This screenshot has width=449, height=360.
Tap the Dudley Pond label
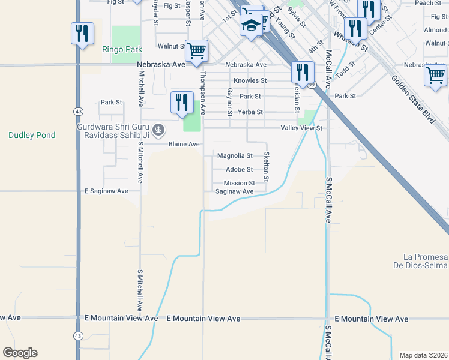pyautogui.click(x=32, y=136)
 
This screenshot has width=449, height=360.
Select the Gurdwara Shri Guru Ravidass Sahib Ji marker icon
pyautogui.click(x=158, y=128)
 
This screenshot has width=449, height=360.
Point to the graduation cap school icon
pyautogui.click(x=251, y=25)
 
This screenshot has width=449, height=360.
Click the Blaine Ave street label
pyautogui.click(x=184, y=145)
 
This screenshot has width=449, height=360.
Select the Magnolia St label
pyautogui.click(x=235, y=155)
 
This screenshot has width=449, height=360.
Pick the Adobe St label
pyautogui.click(x=239, y=169)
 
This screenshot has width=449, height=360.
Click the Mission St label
pyautogui.click(x=239, y=183)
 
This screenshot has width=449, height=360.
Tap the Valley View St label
pyautogui.click(x=302, y=128)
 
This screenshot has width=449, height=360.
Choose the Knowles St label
pyautogui.click(x=250, y=80)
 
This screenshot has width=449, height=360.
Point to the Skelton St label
pyautogui.click(x=266, y=167)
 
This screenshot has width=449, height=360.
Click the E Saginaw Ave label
pyautogui.click(x=106, y=191)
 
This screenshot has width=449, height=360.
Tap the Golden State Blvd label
pyautogui.click(x=412, y=99)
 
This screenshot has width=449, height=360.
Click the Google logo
pyautogui.click(x=20, y=353)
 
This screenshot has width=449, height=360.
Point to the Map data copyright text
pyautogui.click(x=423, y=355)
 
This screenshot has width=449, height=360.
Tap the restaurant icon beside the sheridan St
pyautogui.click(x=303, y=72)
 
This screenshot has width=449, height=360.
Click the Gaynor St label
pyautogui.click(x=230, y=101)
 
